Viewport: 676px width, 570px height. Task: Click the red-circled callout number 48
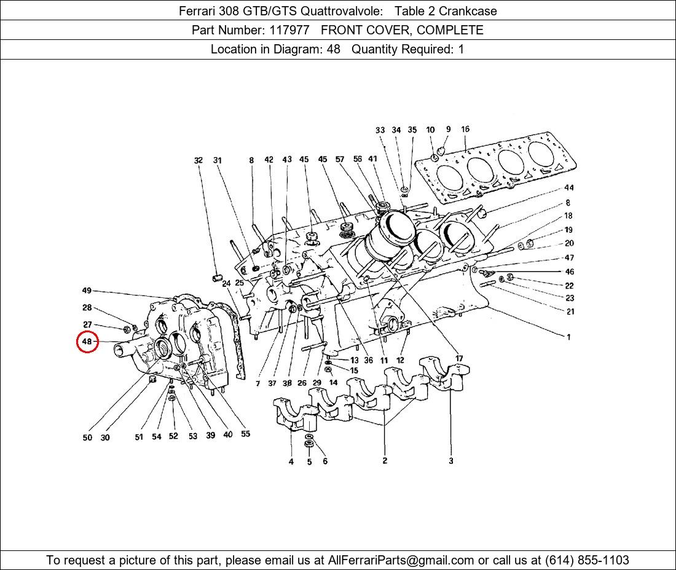(x=87, y=342)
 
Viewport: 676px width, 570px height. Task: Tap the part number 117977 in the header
(x=289, y=30)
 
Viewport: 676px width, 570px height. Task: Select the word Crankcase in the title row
(x=468, y=11)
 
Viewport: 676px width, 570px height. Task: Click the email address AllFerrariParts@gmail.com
(x=401, y=560)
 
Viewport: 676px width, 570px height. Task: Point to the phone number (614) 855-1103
(x=587, y=560)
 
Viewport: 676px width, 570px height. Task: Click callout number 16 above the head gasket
(x=465, y=129)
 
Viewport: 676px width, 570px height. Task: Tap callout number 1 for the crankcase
(x=568, y=337)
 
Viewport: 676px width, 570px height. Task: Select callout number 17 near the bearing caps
(x=459, y=359)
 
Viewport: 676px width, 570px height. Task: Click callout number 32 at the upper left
(x=198, y=160)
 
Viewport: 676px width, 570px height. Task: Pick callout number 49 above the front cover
(x=87, y=291)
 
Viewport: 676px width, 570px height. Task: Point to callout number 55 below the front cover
(x=245, y=434)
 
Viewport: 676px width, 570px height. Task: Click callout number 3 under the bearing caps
(x=451, y=461)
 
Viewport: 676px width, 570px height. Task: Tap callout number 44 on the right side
(x=569, y=187)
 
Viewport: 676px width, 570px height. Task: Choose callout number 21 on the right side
(x=570, y=311)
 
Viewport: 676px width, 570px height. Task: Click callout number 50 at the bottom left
(x=87, y=437)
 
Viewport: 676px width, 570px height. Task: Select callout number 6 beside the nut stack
(x=325, y=461)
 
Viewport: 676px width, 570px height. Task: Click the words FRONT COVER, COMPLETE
(x=403, y=30)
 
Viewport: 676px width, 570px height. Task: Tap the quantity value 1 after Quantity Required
(x=461, y=49)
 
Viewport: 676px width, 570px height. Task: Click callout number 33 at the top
(x=380, y=130)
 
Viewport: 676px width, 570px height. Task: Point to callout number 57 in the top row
(x=340, y=160)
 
